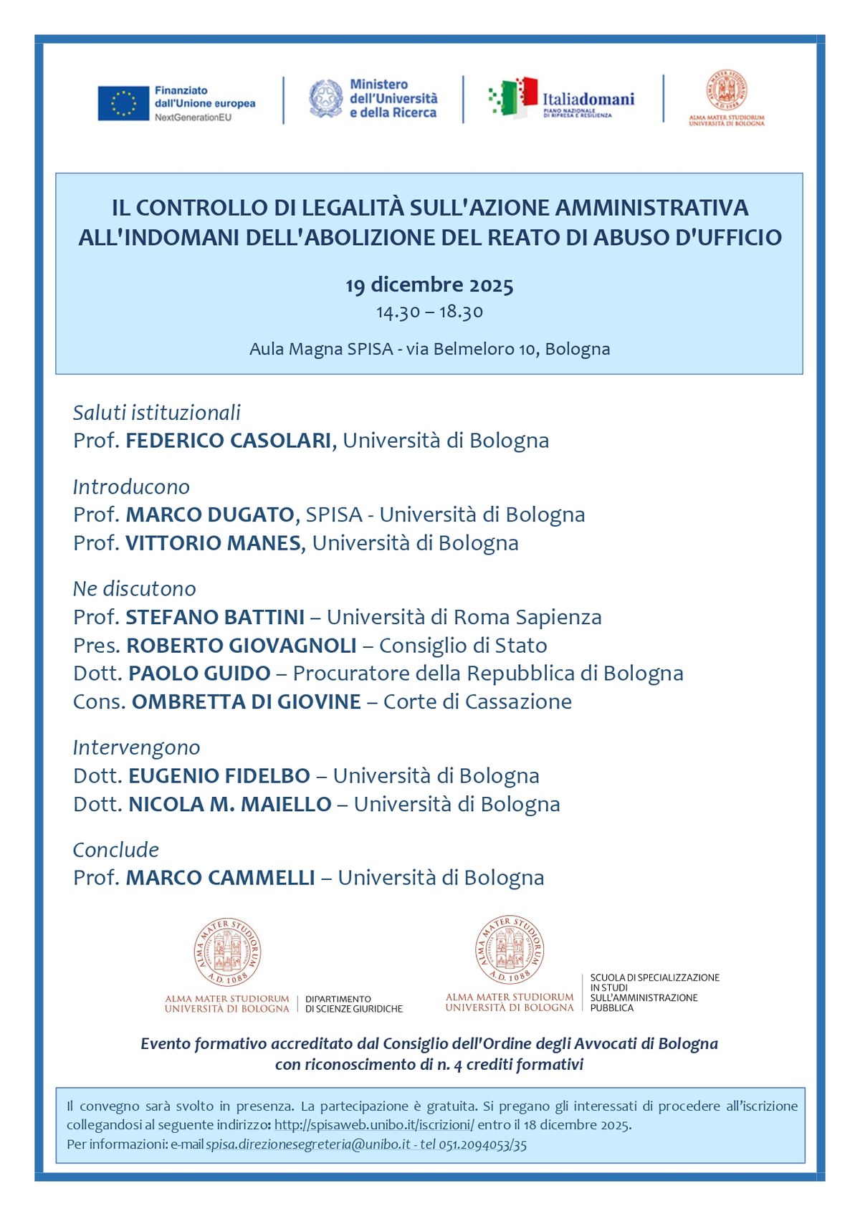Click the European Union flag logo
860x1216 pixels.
[x=123, y=103]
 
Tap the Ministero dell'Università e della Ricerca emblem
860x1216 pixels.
[x=326, y=99]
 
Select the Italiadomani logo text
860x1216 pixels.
[x=588, y=99]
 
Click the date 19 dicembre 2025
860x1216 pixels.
[x=429, y=285]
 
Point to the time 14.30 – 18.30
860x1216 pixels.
[x=429, y=312]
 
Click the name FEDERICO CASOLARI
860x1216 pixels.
[x=229, y=441]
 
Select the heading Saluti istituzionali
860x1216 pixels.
[x=156, y=413]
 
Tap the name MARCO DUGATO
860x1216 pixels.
[x=210, y=514]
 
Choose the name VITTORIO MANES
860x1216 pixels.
[x=213, y=543]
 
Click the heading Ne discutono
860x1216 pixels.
[x=134, y=589]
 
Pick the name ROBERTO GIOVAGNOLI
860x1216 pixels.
[x=242, y=646]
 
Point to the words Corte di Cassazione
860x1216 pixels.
[x=477, y=702]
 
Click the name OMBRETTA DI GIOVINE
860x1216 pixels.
[x=246, y=702]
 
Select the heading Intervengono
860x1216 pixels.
[x=136, y=747]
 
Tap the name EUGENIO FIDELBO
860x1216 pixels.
[x=219, y=776]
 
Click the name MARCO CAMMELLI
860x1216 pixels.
[x=221, y=878]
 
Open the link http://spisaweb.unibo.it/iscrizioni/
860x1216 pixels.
[x=374, y=1125]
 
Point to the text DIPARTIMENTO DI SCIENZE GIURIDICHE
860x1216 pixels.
[x=353, y=1004]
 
